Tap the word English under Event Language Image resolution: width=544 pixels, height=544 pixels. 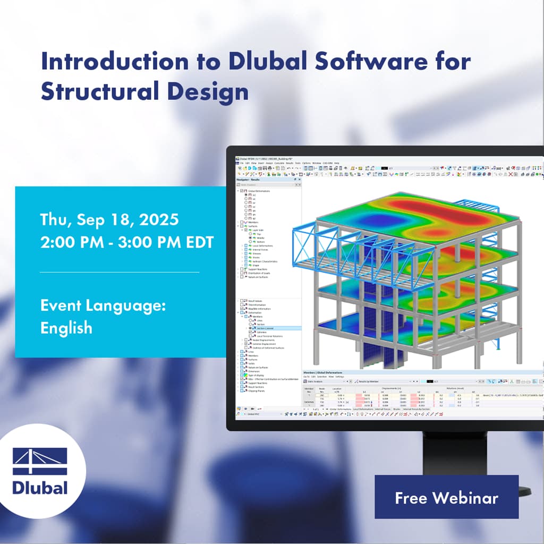coord(66,327)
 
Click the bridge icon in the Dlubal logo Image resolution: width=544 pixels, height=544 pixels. coord(40,462)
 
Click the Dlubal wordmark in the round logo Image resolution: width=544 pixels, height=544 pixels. coord(40,487)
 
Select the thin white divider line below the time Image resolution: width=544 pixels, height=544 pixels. coord(120,272)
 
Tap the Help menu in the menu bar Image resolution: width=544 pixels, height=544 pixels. coord(337,163)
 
